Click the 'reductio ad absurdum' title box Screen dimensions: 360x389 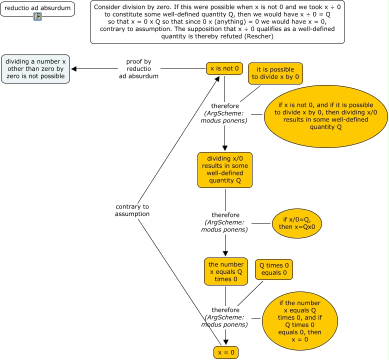coord(37,8)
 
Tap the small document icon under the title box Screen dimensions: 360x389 coord(37,17)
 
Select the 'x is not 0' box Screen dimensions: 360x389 coord(224,68)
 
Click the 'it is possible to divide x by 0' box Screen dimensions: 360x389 coord(275,73)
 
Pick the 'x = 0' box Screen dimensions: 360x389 coord(226,352)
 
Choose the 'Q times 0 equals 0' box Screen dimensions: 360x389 coord(274,269)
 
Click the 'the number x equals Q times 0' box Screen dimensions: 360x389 coord(226,271)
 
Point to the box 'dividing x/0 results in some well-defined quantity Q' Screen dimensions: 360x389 coord(224,170)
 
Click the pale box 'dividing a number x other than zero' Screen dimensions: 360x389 coord(35,69)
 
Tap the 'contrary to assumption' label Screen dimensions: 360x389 coord(132,210)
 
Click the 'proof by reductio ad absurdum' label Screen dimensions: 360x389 coord(138,69)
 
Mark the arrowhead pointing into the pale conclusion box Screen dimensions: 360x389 coord(74,69)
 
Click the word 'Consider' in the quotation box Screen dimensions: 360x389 coord(107,7)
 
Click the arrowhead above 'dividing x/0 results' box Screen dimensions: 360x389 coord(225,148)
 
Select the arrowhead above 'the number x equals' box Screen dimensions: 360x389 coord(225,253)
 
